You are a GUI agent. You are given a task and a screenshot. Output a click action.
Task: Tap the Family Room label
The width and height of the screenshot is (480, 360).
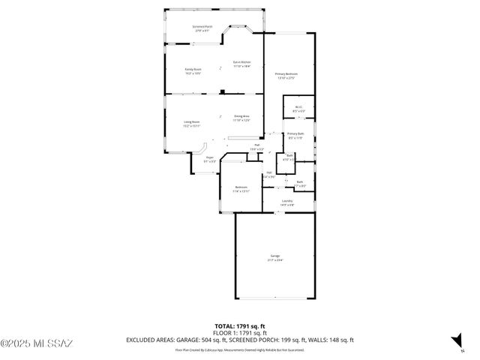pyautogui.click(x=193, y=71)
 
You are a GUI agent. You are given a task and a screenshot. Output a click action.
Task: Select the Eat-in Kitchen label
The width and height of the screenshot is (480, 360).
pyautogui.click(x=241, y=64)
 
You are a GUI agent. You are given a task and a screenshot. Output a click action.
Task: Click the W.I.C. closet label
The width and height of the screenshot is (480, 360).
pyautogui.click(x=298, y=109)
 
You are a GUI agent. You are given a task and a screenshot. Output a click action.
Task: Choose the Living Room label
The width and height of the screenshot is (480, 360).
pyautogui.click(x=192, y=124)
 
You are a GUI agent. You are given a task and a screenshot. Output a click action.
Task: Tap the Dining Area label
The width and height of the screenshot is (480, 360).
pyautogui.click(x=241, y=118)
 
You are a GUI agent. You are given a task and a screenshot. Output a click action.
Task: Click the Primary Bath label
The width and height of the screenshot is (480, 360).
pyautogui.click(x=295, y=136)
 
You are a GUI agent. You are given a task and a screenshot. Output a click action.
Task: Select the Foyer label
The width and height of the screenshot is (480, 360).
pyautogui.click(x=210, y=159)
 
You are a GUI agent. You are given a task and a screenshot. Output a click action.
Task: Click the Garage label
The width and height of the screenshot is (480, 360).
pyautogui.click(x=265, y=258)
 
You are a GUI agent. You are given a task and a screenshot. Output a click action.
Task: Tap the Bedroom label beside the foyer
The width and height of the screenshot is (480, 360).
pyautogui.click(x=241, y=189)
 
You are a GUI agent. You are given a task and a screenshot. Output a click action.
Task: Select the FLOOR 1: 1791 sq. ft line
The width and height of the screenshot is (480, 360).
pyautogui.click(x=239, y=334)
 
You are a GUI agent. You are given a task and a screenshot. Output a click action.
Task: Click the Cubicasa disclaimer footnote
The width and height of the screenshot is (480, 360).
pyautogui.click(x=239, y=349)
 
